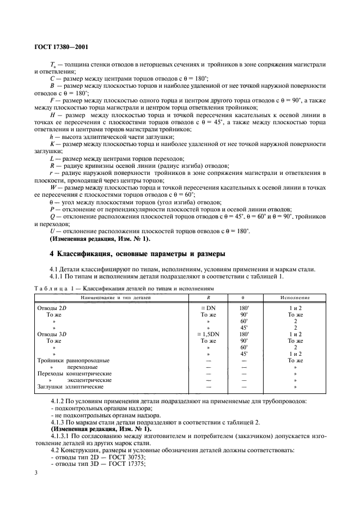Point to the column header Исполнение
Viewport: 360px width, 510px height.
(295, 297)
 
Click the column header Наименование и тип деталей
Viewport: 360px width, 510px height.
(115, 297)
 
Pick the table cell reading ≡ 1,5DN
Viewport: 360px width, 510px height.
(209, 333)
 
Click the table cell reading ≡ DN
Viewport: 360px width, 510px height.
(209, 308)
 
